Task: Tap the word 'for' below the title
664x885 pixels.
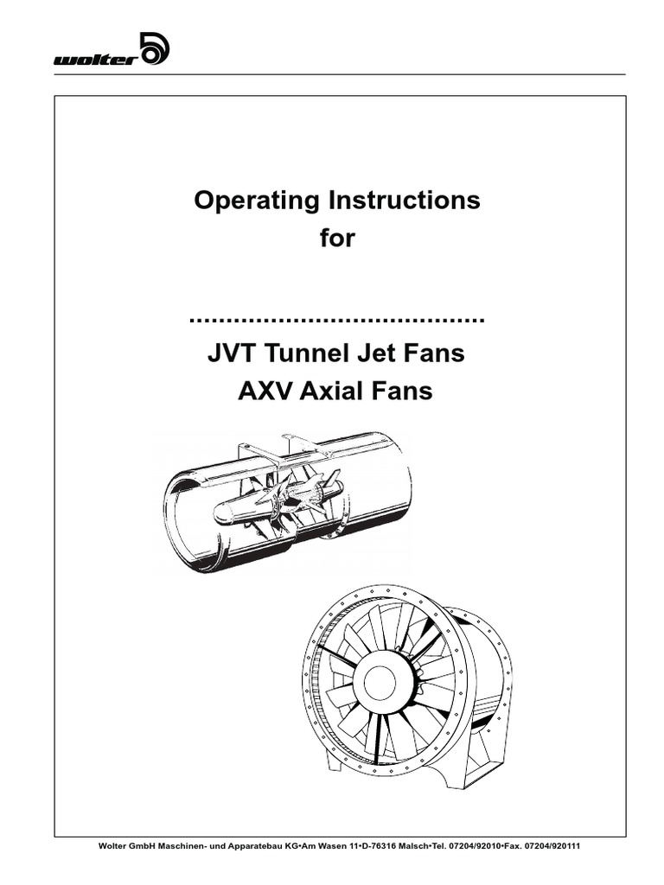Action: coord(337,238)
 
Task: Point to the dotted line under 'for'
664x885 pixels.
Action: coord(337,319)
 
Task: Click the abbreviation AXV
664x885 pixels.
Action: coord(265,392)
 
